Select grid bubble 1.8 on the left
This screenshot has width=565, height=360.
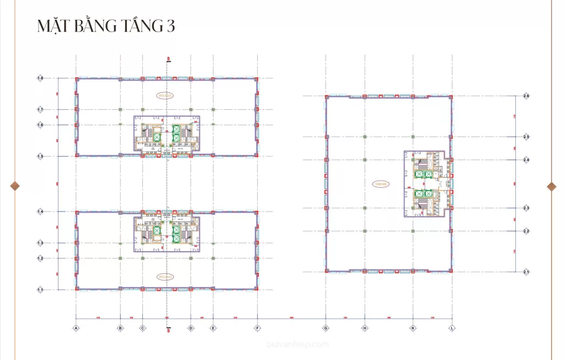(40, 78)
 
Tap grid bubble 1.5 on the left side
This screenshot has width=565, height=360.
(40, 157)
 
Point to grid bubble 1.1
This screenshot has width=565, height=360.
(40, 289)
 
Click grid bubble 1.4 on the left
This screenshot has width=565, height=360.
(40, 211)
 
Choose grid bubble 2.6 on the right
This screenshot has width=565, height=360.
(526, 97)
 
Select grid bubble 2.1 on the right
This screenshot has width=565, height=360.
(526, 272)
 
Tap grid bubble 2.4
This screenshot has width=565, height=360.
(526, 160)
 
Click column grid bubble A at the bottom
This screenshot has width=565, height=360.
(76, 328)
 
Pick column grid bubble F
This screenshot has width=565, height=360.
(257, 328)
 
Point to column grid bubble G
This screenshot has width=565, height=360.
(326, 328)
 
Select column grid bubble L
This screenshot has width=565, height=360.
(452, 328)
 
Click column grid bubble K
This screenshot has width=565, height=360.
(413, 328)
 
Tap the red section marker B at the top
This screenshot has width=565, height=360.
(168, 59)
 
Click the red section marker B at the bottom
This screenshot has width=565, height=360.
(168, 330)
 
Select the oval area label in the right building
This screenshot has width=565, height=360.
(381, 183)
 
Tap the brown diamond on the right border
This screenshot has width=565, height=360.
(551, 186)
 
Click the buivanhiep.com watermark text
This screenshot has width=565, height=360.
(297, 345)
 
